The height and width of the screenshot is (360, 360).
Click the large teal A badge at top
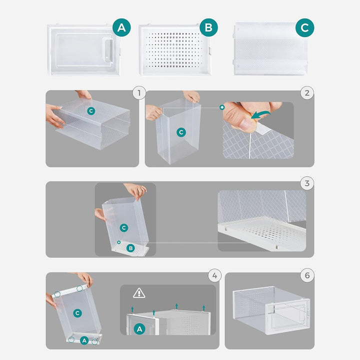[121, 27]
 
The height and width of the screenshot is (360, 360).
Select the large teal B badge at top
[208, 27]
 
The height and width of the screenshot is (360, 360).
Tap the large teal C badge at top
[304, 28]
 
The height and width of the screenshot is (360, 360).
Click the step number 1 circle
[139, 93]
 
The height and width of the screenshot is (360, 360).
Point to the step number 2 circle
[307, 93]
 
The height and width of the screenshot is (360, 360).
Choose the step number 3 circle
[307, 183]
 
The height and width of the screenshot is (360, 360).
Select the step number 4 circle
[214, 275]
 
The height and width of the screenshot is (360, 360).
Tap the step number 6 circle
[307, 275]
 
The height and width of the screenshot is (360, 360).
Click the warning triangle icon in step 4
[139, 293]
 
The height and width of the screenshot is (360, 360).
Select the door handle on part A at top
[108, 50]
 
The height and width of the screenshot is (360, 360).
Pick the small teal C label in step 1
[91, 111]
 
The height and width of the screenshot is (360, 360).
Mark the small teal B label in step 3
[130, 248]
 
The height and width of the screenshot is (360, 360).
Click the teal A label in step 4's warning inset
[139, 329]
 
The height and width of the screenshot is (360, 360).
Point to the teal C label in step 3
[124, 228]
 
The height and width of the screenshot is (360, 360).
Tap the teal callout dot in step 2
[222, 107]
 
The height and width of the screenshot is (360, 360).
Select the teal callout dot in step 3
[118, 242]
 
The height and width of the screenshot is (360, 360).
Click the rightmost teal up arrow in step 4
[203, 308]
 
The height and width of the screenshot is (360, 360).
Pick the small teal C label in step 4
[77, 313]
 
